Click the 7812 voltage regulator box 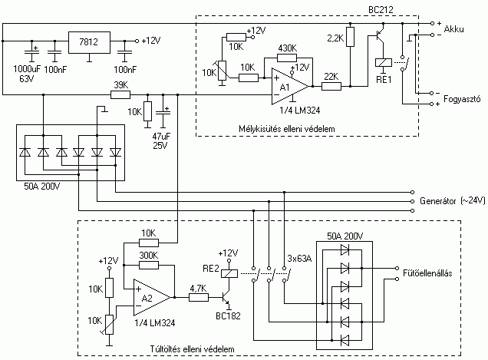(89, 42)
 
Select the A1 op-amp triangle (290, 87)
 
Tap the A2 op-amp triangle (152, 297)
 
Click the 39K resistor (120, 94)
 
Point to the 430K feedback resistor (287, 58)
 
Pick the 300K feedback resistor (149, 266)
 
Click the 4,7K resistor (199, 297)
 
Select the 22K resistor (331, 86)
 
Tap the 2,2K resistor (351, 37)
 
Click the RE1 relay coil (383, 62)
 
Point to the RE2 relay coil (229, 273)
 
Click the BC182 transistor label (228, 315)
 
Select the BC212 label (381, 10)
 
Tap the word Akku (453, 29)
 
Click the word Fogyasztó (462, 99)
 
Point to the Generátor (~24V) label (453, 201)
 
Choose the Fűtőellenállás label (427, 273)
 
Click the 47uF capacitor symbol (163, 113)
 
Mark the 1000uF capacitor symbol (31, 51)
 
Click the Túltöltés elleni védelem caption (193, 349)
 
